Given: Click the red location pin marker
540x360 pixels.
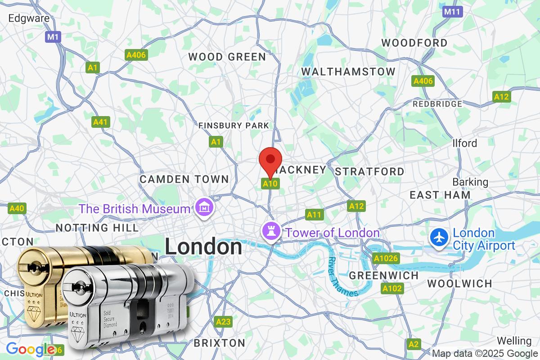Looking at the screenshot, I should pos(271,160).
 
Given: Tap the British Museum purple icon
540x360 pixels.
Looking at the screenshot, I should pos(201,208).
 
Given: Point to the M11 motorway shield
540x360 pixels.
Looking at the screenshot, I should pos(452,12).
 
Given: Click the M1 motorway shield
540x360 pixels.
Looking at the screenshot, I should pos(53,37).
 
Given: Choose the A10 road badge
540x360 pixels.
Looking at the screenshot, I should pos(270,184).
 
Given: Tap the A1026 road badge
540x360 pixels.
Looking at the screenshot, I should pos(386,259).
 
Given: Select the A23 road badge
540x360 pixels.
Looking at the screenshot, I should pos(223,322).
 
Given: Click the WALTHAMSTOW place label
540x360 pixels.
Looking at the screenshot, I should pos(348,72).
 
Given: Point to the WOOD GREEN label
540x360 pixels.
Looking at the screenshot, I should pos(227,57).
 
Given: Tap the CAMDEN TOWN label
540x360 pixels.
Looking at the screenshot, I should pos(184,179).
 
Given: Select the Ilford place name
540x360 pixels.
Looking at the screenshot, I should pos(464,143).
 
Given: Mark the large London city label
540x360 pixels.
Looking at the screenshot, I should pos(203,247).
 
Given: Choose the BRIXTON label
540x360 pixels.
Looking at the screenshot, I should pos(220,343).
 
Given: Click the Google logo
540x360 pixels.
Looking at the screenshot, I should pos(30,349).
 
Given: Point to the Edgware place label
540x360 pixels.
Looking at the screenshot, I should pos(29,18).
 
